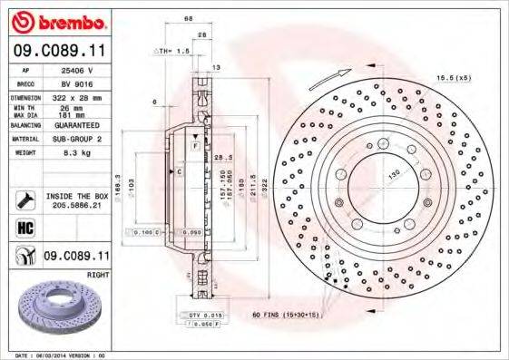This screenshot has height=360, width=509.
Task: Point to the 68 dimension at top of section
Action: point(189,17)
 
